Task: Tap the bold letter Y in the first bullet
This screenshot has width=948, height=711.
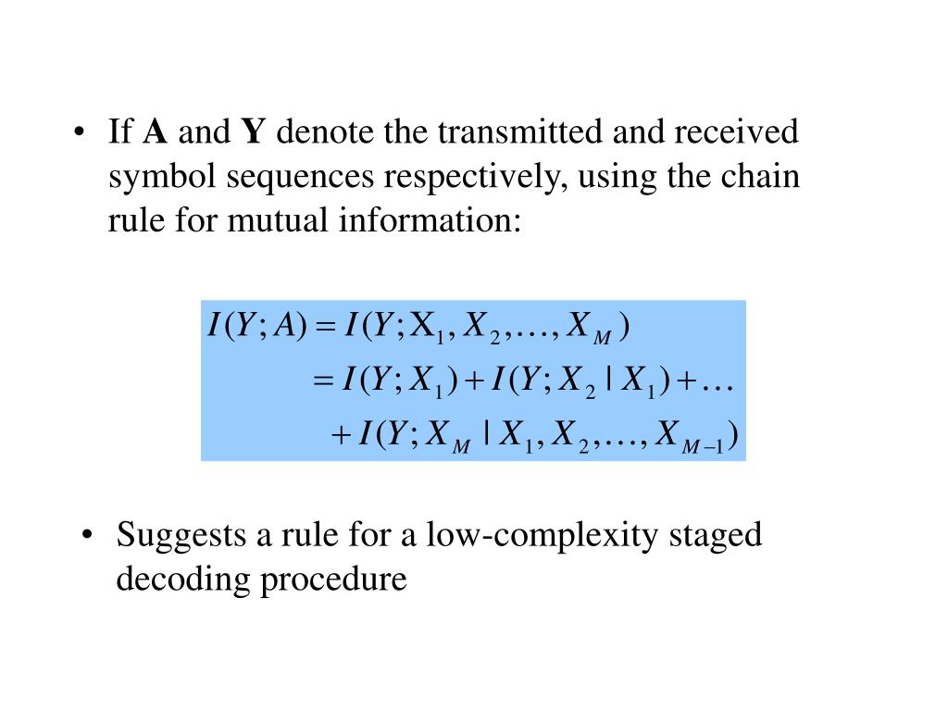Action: point(254,133)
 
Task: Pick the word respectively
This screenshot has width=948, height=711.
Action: point(473,178)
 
